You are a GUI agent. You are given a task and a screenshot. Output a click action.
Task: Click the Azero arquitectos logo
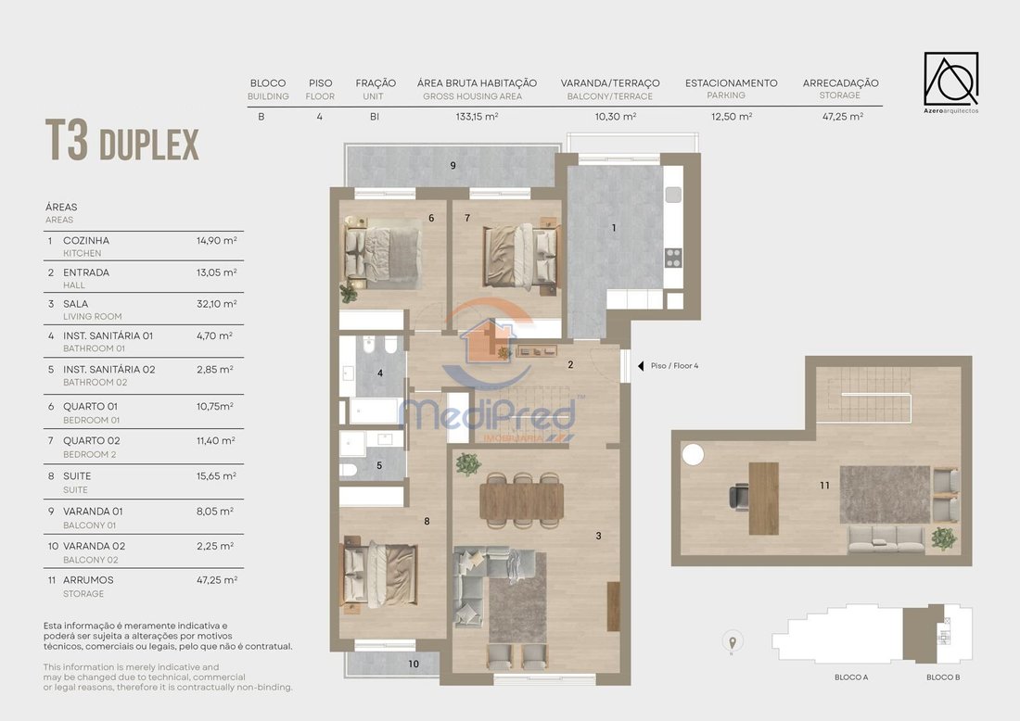pos(951,82)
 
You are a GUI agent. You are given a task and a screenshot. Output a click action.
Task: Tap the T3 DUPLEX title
pos(121,141)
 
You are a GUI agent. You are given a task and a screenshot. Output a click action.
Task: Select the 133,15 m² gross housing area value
pos(477,117)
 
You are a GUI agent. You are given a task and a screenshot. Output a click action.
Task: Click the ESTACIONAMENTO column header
pos(732,83)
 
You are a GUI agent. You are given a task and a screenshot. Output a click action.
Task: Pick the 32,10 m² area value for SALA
pos(217,304)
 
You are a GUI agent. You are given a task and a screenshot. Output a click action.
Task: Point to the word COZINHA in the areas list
pos(86,241)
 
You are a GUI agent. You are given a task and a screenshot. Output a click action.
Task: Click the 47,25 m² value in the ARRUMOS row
pos(217,580)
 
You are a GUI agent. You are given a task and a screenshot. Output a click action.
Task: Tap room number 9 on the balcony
pos(453,166)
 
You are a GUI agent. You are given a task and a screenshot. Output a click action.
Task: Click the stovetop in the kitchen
pos(673,259)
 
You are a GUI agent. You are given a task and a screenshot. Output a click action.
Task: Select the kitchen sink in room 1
pos(673,195)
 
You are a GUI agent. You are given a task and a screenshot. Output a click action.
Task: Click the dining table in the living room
pos(522,501)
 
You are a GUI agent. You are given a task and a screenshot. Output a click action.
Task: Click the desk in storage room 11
pos(764,498)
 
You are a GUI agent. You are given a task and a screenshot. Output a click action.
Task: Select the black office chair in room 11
pos(738,498)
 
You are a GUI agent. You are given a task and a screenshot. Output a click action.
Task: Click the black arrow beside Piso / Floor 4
pos(641,366)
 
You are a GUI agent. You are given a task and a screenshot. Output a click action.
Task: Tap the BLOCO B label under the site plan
pos(943,677)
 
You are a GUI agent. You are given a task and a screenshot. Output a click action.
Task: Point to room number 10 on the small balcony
pos(414,664)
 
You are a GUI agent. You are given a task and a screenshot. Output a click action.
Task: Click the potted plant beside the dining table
pos(467,464)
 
